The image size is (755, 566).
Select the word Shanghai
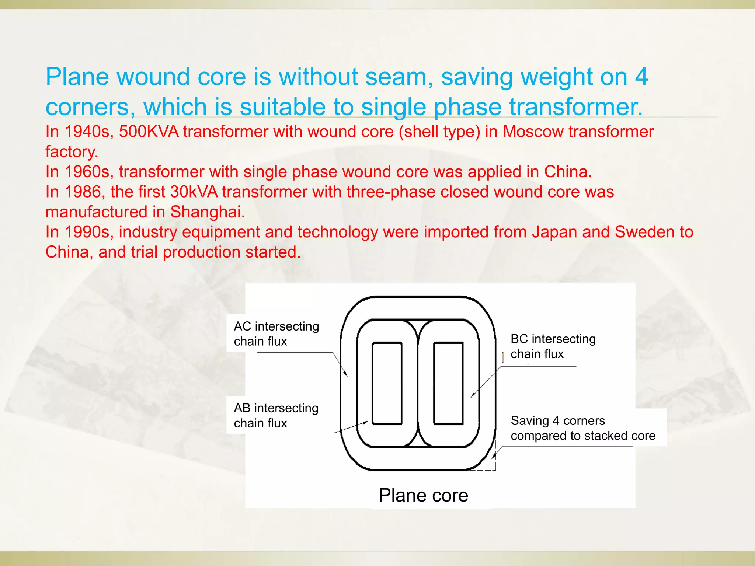[x=208, y=212]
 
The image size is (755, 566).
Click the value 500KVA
[x=149, y=132]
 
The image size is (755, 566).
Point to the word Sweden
[x=644, y=232]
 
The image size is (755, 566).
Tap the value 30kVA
[x=194, y=192]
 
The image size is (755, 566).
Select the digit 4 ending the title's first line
[x=641, y=77]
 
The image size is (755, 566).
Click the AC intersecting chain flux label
[x=276, y=333]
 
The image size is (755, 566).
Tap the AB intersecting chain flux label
[x=276, y=415]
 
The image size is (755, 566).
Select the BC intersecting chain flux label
[x=553, y=346]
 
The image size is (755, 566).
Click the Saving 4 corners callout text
[x=582, y=428]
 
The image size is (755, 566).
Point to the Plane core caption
[x=423, y=495]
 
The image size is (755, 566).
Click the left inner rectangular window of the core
[x=387, y=383]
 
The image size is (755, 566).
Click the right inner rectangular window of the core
[x=448, y=383]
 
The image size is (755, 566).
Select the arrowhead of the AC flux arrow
[x=346, y=374]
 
